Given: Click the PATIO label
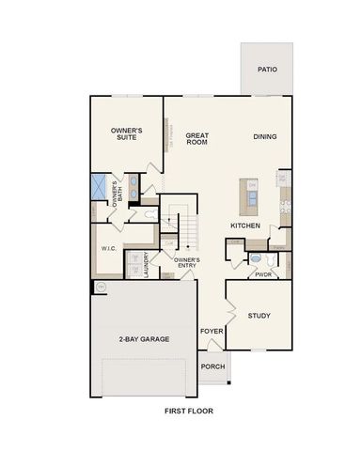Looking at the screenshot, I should pos(268,69).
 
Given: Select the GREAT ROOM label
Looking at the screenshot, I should pos(196,138).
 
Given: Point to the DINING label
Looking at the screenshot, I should pos(264,136).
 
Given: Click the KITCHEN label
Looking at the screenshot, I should pos(245,226).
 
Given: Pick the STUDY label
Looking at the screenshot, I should pos(259,316).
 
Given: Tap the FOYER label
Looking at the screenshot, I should pos(211,332).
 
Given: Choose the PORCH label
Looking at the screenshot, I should pos(212,366).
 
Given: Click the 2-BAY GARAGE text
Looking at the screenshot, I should pos(144,339).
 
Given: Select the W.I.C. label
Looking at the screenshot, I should pos(107,249).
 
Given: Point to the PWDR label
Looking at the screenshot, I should pos(263,275).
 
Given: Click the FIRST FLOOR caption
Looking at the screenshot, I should pos(188,412).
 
